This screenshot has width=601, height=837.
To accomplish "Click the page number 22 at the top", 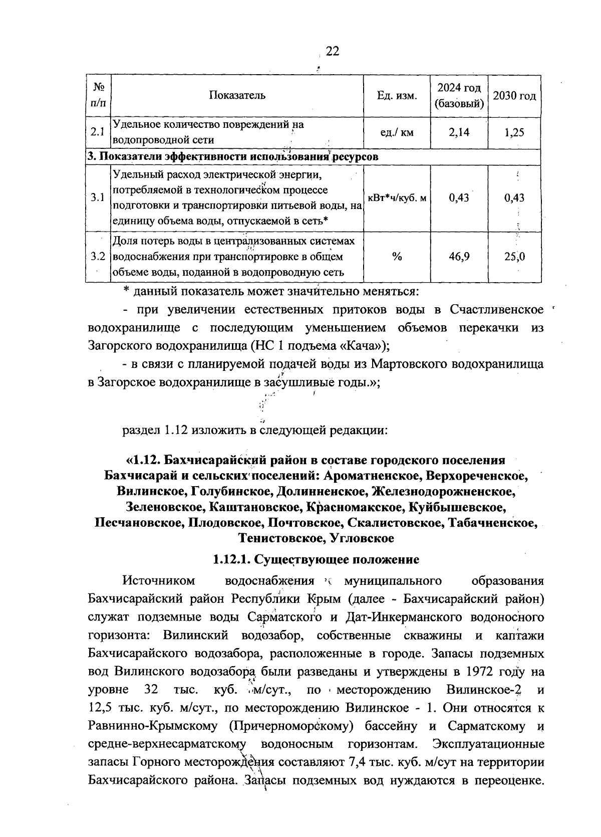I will tap(333, 51).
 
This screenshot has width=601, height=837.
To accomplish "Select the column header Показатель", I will tap(237, 95).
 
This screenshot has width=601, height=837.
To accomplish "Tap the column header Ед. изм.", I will tap(397, 96).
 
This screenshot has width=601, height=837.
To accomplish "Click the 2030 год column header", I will tap(514, 96).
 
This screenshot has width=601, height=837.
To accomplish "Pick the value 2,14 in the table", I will tap(459, 132).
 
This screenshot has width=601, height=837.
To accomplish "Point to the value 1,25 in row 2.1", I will tap(514, 132).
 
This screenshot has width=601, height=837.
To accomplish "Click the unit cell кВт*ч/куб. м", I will tap(397, 197).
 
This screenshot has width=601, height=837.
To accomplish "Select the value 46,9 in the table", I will tap(459, 257).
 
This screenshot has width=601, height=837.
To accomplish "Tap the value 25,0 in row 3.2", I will tap(514, 257).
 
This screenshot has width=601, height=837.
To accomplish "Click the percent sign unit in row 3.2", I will tap(397, 257).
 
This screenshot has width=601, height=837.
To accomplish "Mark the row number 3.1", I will tap(97, 197).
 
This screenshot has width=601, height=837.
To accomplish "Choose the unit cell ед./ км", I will tap(397, 132).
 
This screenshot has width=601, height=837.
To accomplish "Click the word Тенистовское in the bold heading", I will tap(281, 538).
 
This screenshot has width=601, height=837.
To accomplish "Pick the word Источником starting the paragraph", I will tap(159, 581).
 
